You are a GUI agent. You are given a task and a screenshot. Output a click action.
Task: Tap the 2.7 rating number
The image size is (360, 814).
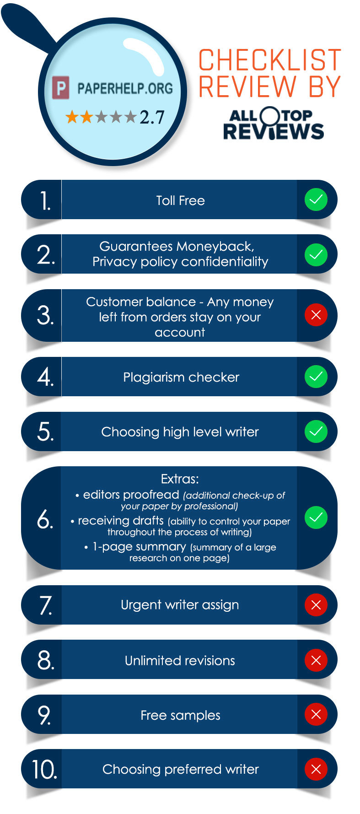(x=152, y=118)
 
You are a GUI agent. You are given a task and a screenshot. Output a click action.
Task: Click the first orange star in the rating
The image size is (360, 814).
(x=72, y=117)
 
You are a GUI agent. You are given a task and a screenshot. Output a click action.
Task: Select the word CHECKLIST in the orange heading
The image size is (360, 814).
(x=270, y=60)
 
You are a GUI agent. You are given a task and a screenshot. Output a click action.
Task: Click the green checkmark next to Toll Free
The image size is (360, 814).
(x=316, y=199)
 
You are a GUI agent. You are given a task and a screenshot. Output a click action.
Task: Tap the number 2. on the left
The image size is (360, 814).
(x=45, y=254)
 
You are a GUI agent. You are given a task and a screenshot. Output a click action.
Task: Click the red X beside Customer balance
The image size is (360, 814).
(x=316, y=315)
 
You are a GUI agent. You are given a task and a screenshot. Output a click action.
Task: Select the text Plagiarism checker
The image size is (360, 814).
(x=181, y=377)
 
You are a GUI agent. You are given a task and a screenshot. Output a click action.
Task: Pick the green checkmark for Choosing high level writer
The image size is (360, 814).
(x=316, y=431)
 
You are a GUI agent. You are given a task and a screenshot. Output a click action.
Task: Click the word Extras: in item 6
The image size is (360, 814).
(x=180, y=479)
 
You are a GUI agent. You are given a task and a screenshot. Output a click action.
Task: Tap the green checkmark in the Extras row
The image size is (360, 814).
(x=316, y=518)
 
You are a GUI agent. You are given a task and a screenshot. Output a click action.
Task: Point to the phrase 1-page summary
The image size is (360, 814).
(x=139, y=546)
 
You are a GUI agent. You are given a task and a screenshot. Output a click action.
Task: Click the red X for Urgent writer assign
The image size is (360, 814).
(x=316, y=605)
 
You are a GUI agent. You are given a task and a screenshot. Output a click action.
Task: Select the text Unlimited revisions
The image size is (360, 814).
(x=180, y=660)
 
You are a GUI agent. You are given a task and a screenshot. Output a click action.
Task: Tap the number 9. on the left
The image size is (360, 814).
(x=44, y=715)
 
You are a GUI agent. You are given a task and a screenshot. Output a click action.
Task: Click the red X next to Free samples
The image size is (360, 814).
(x=316, y=714)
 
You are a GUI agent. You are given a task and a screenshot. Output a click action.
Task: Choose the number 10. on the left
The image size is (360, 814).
(x=44, y=770)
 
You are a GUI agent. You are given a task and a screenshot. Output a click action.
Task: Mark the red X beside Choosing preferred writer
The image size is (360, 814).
(x=316, y=769)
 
